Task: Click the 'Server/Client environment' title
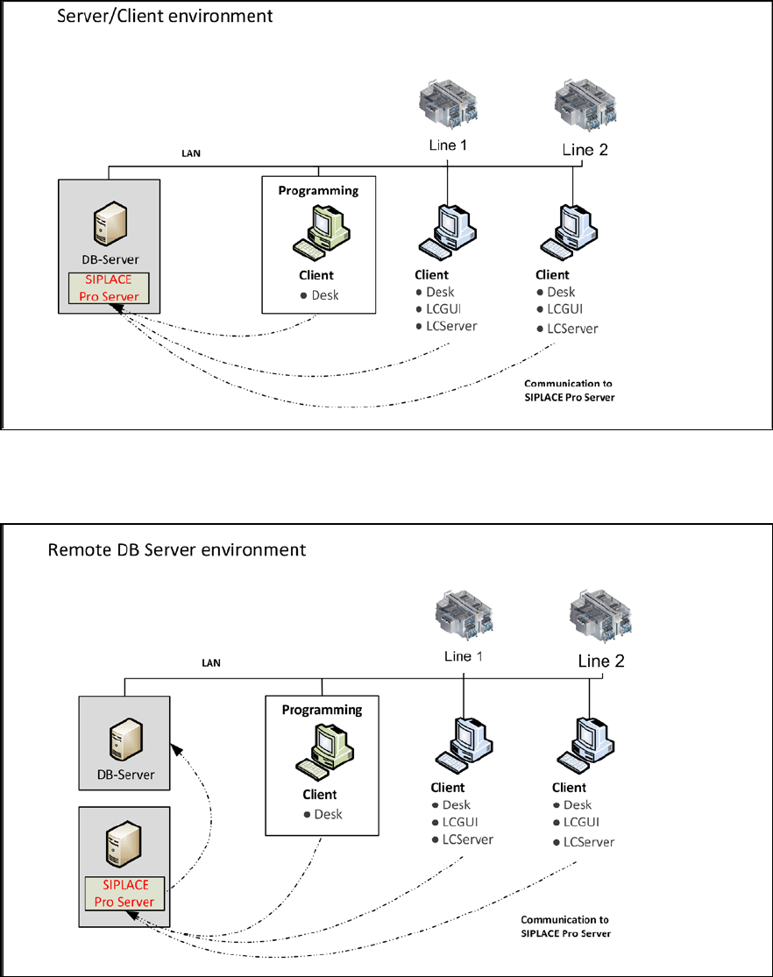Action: click(x=165, y=17)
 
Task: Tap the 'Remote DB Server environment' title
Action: click(x=176, y=550)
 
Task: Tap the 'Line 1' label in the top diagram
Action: click(x=448, y=145)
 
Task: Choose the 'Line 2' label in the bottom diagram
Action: click(x=601, y=662)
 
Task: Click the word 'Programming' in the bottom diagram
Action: click(x=322, y=710)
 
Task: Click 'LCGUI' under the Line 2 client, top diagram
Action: click(x=564, y=308)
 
